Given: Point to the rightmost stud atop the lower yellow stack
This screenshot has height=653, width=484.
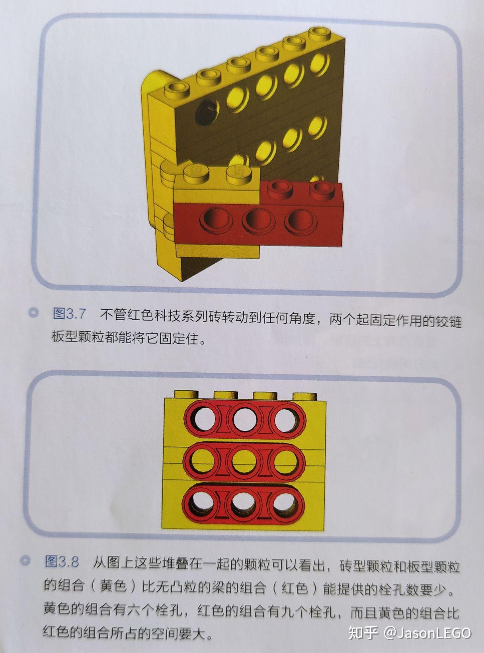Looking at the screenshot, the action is pos(305,396).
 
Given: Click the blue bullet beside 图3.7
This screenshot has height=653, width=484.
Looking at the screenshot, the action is pos(34,313).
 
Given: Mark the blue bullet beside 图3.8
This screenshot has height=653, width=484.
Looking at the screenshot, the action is pos(26,561).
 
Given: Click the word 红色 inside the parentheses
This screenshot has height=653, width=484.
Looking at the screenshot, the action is pos(295,588).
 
